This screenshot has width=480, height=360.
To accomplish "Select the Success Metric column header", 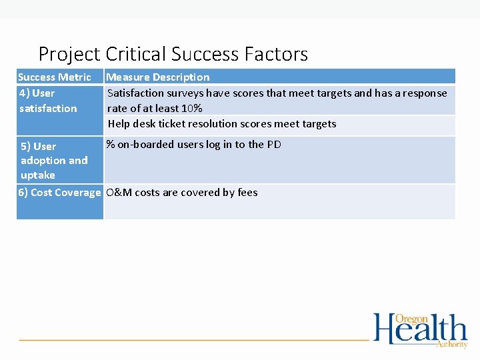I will click(x=55, y=77).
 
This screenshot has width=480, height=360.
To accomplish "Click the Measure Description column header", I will click(x=158, y=77).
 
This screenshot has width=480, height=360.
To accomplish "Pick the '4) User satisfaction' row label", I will click(x=48, y=101).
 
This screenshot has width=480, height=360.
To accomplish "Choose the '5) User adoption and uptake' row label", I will click(x=54, y=161).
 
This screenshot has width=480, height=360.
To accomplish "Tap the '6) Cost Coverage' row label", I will click(x=59, y=193).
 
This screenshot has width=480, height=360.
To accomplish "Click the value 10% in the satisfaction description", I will click(x=191, y=109).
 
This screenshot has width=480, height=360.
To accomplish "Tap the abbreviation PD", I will click(x=274, y=145).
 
